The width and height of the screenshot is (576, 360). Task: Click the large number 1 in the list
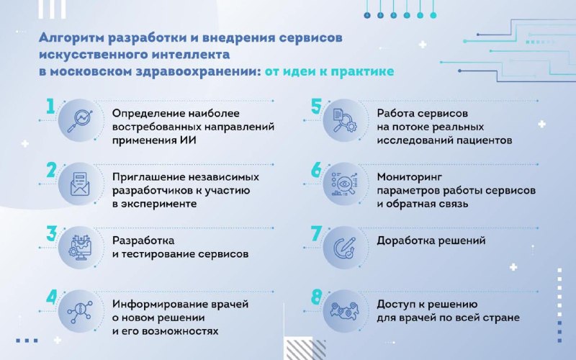(50, 106)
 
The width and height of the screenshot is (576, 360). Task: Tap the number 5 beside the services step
(316, 106)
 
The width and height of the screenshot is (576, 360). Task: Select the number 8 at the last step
(316, 297)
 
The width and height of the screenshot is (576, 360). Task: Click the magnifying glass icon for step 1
(80, 121)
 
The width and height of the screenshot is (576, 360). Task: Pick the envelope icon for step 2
(80, 184)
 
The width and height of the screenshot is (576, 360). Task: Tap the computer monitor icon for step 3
(80, 247)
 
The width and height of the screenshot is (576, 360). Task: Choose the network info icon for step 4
(80, 312)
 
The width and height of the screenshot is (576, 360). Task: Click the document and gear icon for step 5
(345, 120)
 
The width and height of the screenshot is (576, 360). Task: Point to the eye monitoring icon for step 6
(345, 184)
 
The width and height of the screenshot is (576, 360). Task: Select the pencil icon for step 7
(345, 248)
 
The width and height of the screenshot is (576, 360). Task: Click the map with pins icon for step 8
(345, 310)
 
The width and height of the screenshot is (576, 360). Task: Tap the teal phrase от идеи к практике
(330, 71)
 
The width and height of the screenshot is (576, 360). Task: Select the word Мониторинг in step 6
(410, 177)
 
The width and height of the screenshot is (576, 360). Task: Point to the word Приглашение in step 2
(148, 177)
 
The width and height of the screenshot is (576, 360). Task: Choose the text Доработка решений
(431, 241)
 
